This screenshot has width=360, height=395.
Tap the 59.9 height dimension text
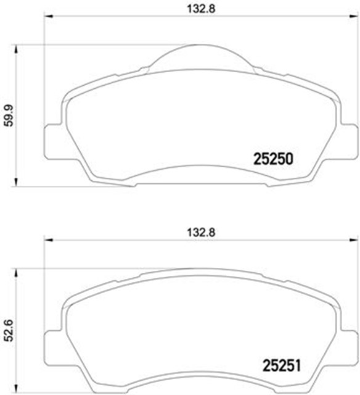[8, 115]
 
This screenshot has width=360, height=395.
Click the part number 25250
[272, 158]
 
